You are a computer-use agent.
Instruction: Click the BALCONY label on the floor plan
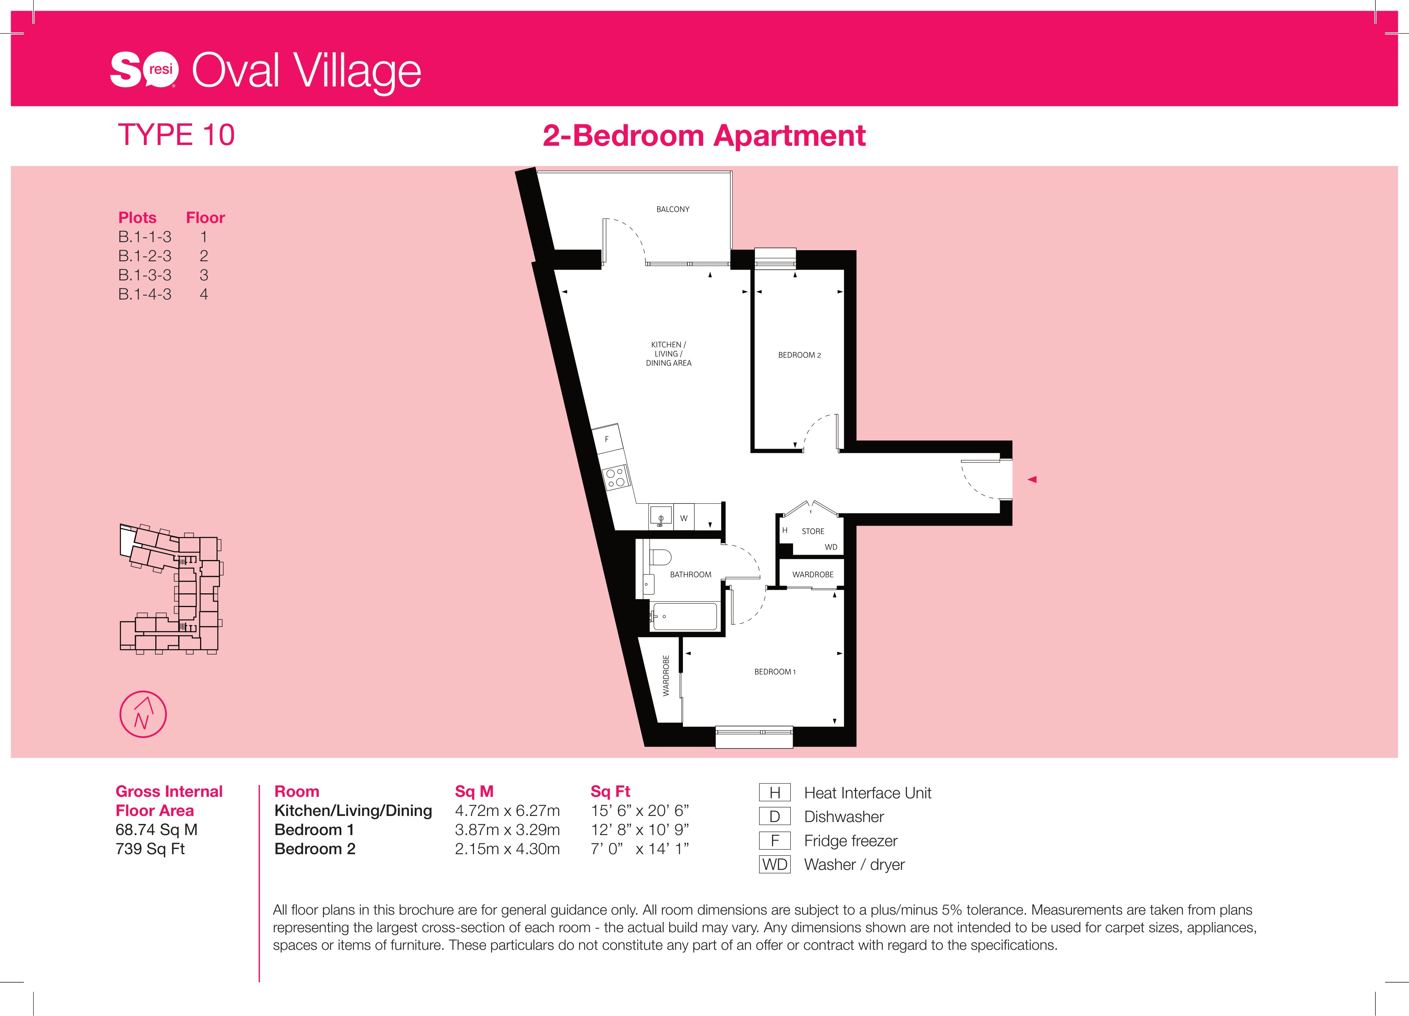tap(673, 209)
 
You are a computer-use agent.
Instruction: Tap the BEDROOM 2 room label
tap(800, 355)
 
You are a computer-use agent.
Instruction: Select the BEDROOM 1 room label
tap(775, 672)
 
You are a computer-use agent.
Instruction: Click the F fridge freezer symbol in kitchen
tap(607, 439)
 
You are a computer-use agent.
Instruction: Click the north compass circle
tap(143, 714)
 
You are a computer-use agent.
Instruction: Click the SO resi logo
tap(144, 70)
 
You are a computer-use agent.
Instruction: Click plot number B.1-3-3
tap(145, 275)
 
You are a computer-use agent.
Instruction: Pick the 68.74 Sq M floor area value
tap(156, 830)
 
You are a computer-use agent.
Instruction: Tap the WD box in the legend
tap(775, 865)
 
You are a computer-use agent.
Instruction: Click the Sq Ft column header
tap(610, 792)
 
